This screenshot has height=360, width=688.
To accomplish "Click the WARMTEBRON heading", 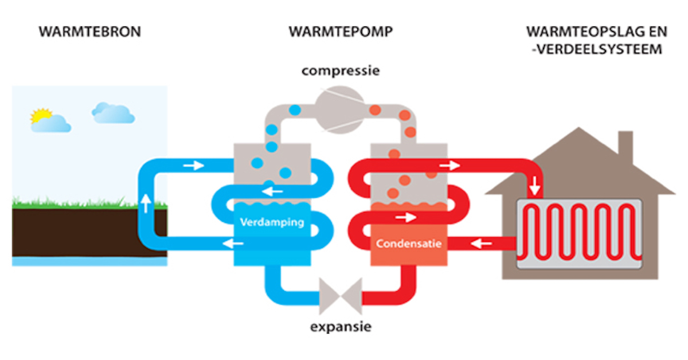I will tap(89, 32).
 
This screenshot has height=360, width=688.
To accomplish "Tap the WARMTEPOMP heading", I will tap(341, 32).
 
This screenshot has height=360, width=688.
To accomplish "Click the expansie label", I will tap(341, 328).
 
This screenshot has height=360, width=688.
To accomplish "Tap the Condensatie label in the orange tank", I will tap(408, 244).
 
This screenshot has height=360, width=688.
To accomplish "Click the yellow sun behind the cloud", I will tap(41, 116).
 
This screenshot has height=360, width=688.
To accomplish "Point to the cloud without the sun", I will tap(113, 113).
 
